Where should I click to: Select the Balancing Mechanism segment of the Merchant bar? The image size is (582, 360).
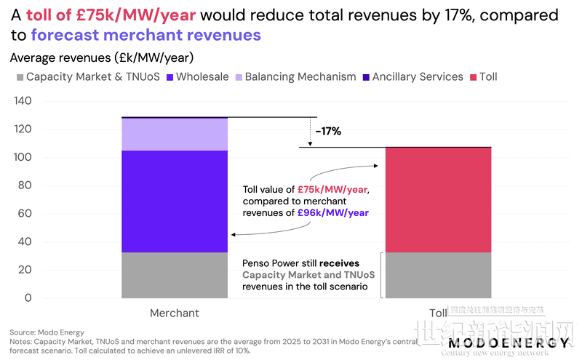pos(175,134)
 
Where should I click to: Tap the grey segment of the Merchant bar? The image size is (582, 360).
pos(175,275)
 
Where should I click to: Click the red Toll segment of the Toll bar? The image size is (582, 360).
pos(438,200)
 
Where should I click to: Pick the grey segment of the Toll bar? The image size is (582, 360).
pos(438,275)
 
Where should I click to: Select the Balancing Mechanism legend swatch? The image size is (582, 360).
pos(239,77)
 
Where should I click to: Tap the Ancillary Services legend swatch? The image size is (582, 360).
pos(366,77)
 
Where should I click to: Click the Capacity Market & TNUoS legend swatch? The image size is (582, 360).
pos(20,77)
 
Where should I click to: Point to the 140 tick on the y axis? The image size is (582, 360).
pos(23,102)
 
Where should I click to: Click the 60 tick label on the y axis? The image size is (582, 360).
pos(26,214)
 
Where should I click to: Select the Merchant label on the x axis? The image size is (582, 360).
pos(175,313)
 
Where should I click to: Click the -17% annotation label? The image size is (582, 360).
pos(328,132)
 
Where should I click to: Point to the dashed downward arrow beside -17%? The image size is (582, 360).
pos(310,132)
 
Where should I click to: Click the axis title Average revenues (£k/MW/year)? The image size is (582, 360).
pos(101,57)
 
